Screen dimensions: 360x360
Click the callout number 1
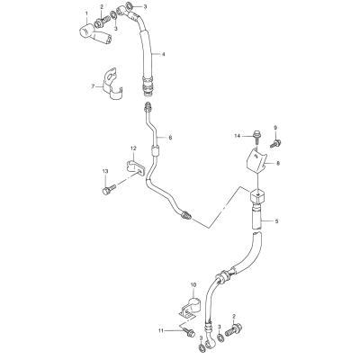tap(87, 13)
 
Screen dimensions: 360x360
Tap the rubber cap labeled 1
tap(95, 34)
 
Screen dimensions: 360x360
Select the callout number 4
tap(163, 54)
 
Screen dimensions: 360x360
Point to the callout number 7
tap(93, 86)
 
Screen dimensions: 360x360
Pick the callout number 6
tap(170, 138)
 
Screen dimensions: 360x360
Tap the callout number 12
tap(133, 148)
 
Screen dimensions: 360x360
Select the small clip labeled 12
tap(134, 166)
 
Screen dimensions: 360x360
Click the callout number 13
tap(105, 171)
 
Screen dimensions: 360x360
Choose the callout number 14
tap(238, 136)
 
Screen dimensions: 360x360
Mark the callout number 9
tap(275, 128)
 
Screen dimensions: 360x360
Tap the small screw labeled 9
tap(275, 143)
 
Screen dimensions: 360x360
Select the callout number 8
tap(278, 164)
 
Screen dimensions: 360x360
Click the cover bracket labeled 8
tap(257, 162)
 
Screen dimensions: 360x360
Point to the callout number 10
tap(193, 284)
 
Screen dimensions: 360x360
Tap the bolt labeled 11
tap(187, 332)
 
